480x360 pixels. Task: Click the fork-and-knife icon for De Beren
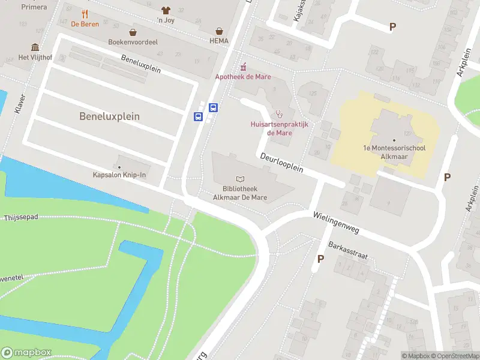click(85, 14)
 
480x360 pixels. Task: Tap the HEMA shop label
click(220, 41)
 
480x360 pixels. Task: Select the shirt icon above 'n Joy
click(166, 10)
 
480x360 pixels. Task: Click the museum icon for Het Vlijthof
click(35, 47)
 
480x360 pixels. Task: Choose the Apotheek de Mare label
click(243, 77)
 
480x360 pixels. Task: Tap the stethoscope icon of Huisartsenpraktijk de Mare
click(278, 114)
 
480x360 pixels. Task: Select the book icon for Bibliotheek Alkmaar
click(241, 179)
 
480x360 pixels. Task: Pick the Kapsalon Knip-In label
click(119, 175)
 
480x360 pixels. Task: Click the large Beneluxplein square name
click(109, 116)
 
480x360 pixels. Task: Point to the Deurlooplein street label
click(281, 163)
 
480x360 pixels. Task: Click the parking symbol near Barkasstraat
click(320, 259)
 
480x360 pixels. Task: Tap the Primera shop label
click(34, 7)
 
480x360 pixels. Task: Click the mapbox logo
click(26, 352)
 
